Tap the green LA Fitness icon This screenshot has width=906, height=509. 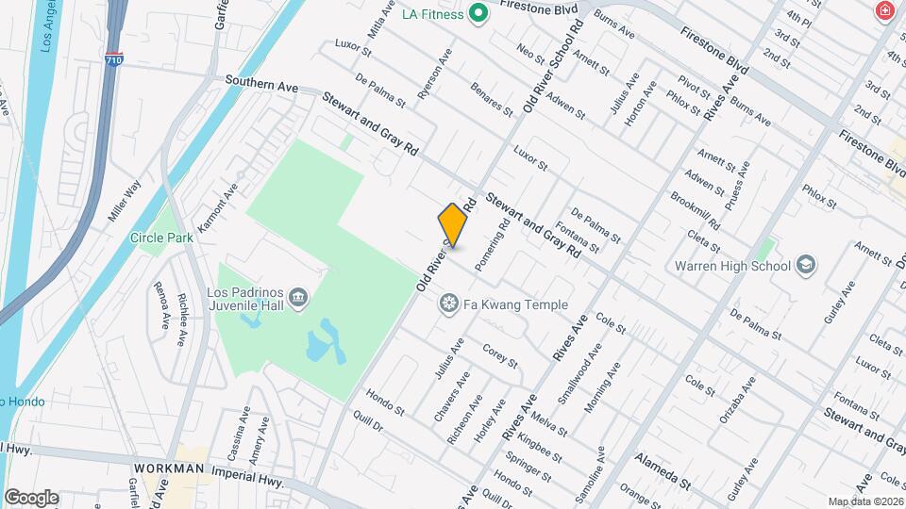coord(478,13)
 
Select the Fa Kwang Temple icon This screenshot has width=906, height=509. coord(449,304)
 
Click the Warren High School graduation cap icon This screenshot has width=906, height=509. coord(806,265)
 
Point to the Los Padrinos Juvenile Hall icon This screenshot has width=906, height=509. coord(298,298)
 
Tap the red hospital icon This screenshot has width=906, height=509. coord(884,11)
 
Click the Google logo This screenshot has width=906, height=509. coord(30,497)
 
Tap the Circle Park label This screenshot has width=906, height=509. coord(161,238)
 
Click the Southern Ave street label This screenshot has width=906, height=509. coord(260,86)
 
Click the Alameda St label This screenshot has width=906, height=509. coord(663,469)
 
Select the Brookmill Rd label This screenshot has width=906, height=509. coord(695,214)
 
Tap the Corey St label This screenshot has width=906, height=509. coord(500,356)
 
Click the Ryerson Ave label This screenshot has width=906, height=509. coord(436,74)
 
